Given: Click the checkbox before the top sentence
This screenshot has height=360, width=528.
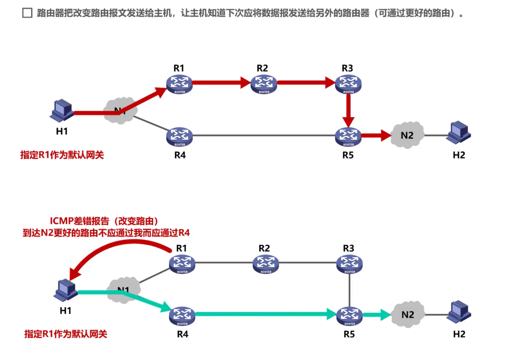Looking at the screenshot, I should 27,13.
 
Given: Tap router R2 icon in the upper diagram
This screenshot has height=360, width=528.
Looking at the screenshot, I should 264,83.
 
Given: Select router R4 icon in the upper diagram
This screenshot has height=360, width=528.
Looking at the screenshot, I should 180,136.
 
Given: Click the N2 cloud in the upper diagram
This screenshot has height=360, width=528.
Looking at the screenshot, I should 407,135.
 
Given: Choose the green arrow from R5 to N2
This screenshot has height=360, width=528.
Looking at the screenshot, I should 376,315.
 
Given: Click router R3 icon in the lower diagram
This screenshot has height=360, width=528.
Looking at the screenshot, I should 349,264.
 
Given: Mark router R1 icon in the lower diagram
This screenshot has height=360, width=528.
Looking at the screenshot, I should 182,264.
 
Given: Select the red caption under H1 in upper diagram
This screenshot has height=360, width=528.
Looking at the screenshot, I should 62,155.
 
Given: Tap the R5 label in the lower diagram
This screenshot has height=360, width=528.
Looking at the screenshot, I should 349,334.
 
